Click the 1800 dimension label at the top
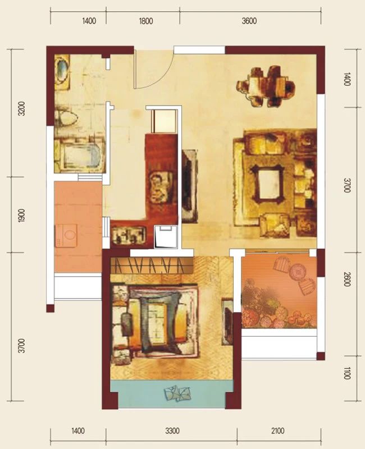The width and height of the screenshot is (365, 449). (x=146, y=21)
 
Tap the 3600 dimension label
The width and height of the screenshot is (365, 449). (x=249, y=21)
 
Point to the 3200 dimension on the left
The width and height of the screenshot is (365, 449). (x=21, y=109)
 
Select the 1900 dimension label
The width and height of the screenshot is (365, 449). (x=21, y=216)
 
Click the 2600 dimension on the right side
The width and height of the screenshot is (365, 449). (x=347, y=279)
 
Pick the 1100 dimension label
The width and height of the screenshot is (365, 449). (x=347, y=373)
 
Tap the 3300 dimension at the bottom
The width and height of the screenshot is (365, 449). (x=172, y=431)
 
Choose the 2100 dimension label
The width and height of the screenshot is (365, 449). (x=277, y=431)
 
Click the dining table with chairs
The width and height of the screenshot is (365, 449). (x=266, y=86)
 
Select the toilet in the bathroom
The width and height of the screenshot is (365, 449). (x=66, y=118)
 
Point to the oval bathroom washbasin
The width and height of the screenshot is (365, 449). (x=62, y=70)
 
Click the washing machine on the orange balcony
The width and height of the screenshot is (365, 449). (x=66, y=235)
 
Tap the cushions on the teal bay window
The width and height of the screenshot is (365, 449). (x=177, y=394)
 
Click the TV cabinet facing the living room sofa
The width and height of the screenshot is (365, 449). (x=190, y=186)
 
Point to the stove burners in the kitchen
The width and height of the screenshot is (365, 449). (x=128, y=235)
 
